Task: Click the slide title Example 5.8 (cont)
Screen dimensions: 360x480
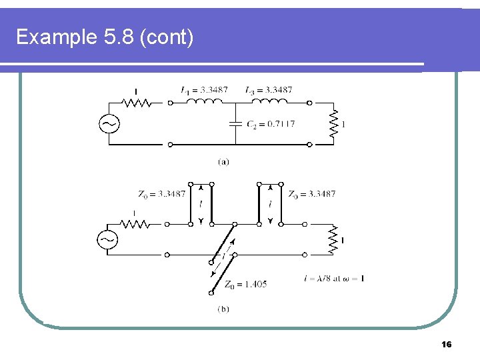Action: pyautogui.click(x=105, y=37)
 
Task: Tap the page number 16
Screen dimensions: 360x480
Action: pyautogui.click(x=447, y=344)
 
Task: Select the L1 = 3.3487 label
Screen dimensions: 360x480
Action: pyautogui.click(x=204, y=90)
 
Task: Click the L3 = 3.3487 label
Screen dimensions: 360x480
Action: pyautogui.click(x=268, y=90)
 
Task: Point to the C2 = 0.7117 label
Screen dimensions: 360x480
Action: pyautogui.click(x=271, y=124)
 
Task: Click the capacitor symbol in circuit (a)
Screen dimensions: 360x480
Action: pyautogui.click(x=235, y=123)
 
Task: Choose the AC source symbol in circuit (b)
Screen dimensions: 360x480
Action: pyautogui.click(x=107, y=239)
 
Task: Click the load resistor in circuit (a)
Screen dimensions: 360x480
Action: pyautogui.click(x=335, y=123)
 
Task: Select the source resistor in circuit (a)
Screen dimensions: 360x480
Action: pyautogui.click(x=137, y=103)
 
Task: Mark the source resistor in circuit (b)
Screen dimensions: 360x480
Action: pyautogui.click(x=137, y=224)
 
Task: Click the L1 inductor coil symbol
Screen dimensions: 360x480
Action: pyautogui.click(x=204, y=102)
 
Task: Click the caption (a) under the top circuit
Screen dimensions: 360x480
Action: pyautogui.click(x=223, y=161)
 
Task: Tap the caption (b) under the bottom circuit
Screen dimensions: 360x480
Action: pyautogui.click(x=223, y=309)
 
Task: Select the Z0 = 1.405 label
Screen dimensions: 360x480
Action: pyautogui.click(x=245, y=284)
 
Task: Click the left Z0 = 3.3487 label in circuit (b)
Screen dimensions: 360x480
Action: pyautogui.click(x=161, y=194)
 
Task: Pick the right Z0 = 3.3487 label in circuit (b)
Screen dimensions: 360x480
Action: pyautogui.click(x=312, y=194)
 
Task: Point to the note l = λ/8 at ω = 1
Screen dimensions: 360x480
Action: pyautogui.click(x=333, y=278)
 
